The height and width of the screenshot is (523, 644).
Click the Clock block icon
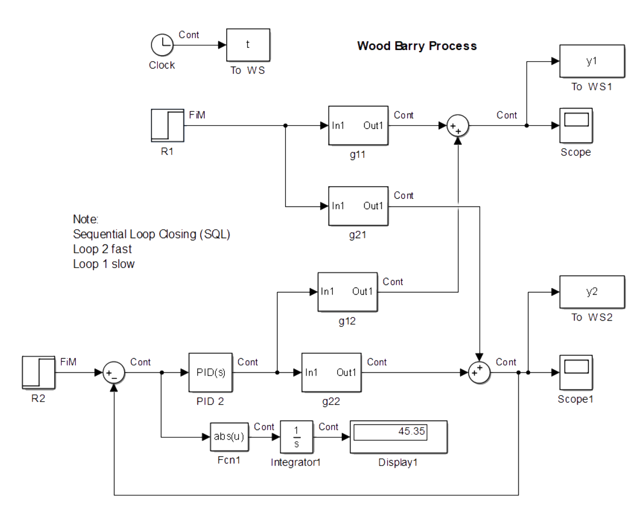tap(162, 45)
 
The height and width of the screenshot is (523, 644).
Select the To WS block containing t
tap(248, 45)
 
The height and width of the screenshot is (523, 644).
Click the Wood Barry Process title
tap(417, 46)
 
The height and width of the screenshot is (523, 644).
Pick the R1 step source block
tap(168, 125)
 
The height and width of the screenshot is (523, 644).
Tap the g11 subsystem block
tap(358, 126)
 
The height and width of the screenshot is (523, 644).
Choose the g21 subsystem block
tap(358, 206)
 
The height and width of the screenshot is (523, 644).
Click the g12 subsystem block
tap(347, 292)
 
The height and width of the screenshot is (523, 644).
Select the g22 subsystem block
tap(331, 373)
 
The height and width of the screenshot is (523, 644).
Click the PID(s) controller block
tap(211, 373)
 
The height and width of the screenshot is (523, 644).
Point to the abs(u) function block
tap(229, 437)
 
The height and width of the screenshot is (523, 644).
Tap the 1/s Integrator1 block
tap(297, 437)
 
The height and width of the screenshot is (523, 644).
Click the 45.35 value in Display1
tap(411, 431)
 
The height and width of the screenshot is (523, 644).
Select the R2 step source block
tap(39, 373)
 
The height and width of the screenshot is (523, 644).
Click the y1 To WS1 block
tap(592, 61)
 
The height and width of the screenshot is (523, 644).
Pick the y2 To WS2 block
tap(592, 292)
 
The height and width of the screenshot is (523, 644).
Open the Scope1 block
tap(576, 372)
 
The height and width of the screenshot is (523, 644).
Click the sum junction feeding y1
tap(458, 126)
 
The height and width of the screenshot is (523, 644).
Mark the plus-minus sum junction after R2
tap(114, 373)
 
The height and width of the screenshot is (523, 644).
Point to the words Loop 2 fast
tap(102, 249)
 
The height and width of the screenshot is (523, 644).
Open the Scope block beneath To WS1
tap(576, 125)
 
